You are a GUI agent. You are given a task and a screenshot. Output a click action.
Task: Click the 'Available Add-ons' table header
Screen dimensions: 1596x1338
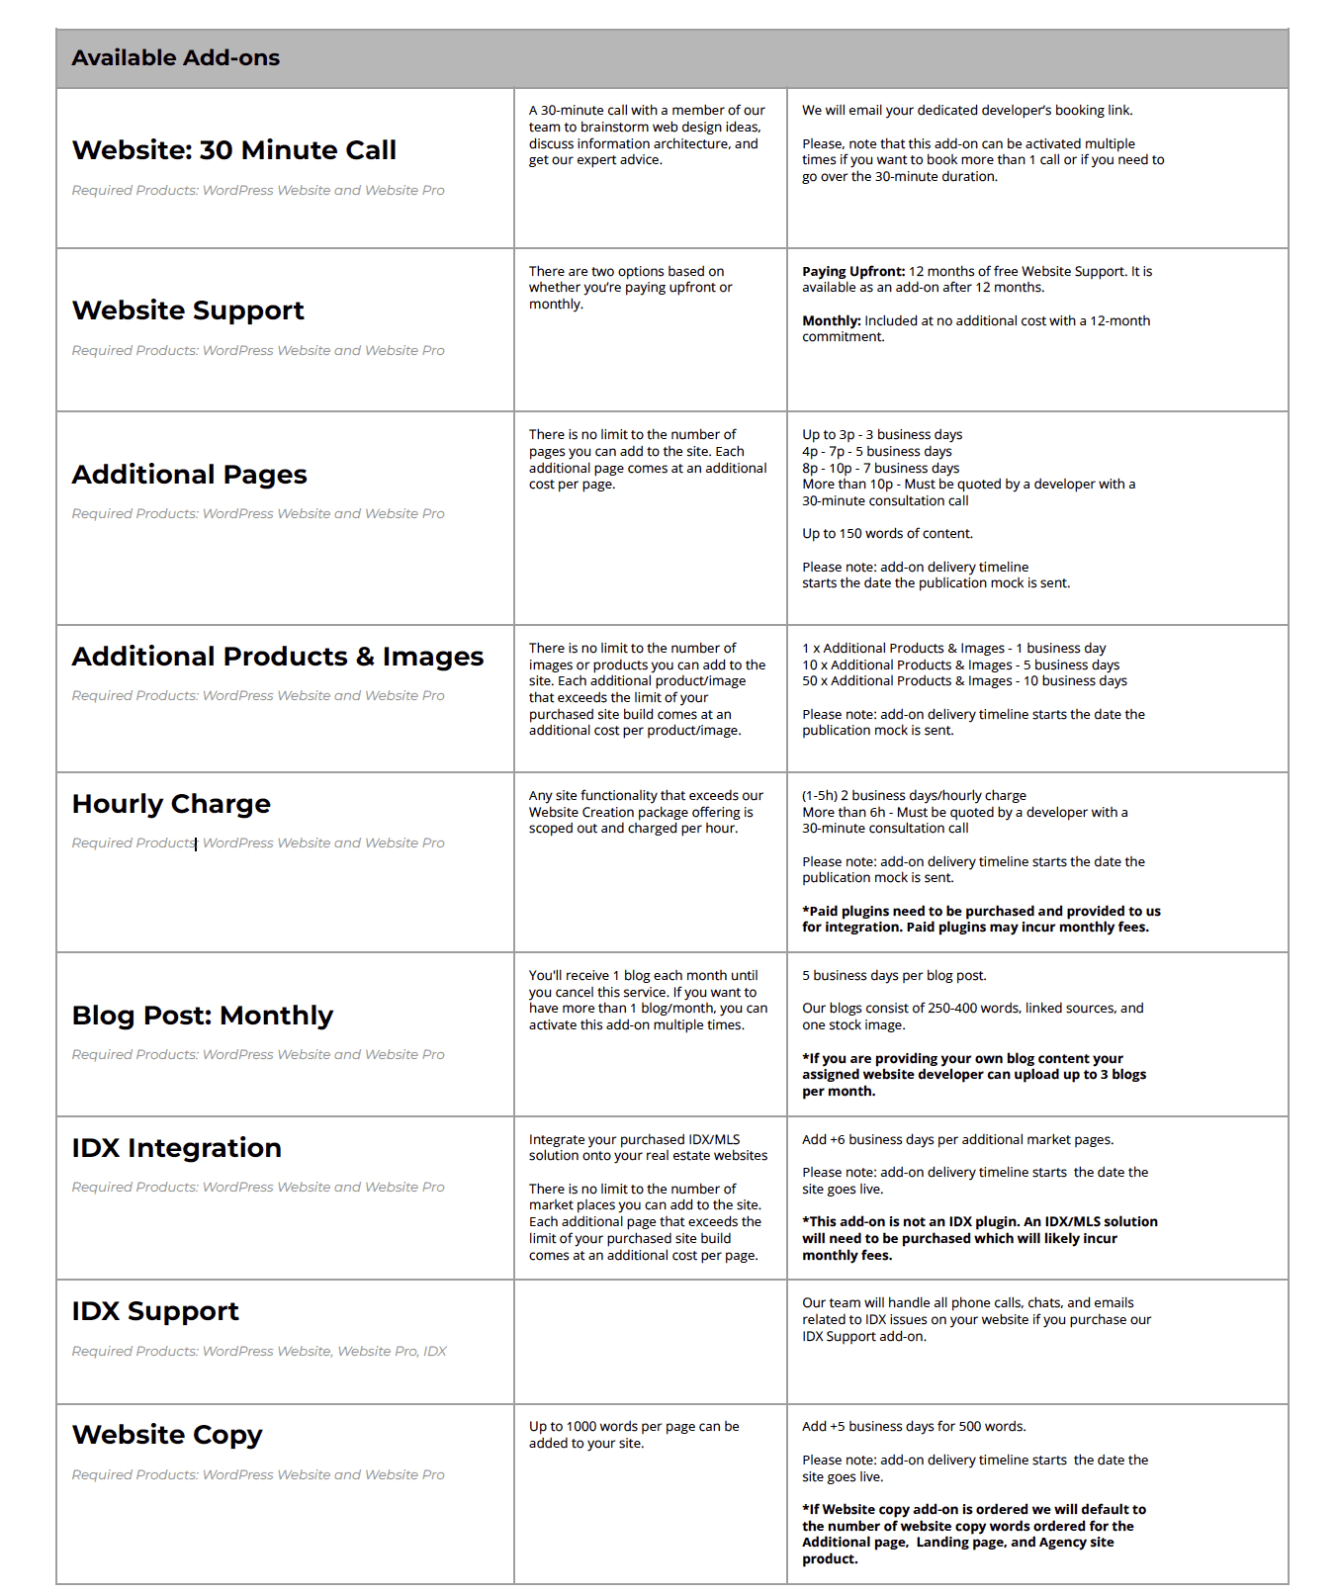176,58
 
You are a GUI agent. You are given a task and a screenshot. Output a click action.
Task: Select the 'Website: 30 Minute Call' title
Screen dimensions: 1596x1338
233,150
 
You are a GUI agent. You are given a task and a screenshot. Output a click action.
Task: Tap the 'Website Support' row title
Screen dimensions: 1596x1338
188,310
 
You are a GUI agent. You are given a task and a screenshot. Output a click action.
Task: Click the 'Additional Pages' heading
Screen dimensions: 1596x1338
189,475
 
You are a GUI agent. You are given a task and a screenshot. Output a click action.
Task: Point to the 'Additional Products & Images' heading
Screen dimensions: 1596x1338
277,657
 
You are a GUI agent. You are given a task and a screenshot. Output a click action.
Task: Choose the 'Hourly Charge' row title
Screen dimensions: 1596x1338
171,804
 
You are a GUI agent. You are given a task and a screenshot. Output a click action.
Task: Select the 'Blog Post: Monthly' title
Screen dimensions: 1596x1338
202,1016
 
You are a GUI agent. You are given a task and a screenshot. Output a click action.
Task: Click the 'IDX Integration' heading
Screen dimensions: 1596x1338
176,1148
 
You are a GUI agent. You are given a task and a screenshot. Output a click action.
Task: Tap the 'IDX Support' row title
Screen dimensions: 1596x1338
155,1311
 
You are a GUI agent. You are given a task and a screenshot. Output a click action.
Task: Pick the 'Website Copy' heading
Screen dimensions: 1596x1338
167,1435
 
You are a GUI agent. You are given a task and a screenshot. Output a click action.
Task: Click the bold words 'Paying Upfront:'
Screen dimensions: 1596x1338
853,272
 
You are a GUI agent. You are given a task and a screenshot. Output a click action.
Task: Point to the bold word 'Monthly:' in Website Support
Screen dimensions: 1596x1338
832,321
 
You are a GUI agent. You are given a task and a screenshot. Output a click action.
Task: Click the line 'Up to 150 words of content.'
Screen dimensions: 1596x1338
887,534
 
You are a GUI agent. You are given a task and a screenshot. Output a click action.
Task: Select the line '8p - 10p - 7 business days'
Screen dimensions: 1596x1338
880,468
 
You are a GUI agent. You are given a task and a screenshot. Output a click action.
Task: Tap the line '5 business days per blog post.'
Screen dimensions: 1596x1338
894,976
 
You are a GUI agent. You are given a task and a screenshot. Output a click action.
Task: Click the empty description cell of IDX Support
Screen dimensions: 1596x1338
650,1342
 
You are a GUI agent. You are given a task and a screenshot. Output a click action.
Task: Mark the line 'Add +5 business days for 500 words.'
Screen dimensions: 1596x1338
914,1427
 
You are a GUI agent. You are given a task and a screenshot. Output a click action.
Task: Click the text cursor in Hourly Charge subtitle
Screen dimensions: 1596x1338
196,843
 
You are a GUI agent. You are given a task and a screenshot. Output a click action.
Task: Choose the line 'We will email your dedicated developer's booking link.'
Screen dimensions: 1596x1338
967,111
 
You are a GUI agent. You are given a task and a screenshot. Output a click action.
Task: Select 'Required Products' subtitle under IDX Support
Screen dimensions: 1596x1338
259,1352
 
